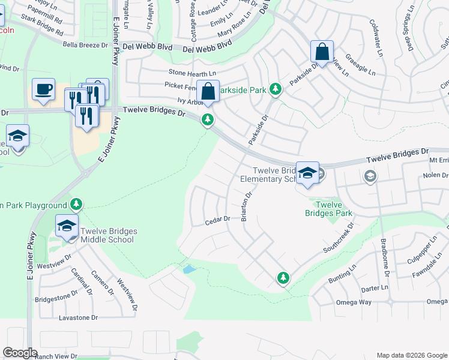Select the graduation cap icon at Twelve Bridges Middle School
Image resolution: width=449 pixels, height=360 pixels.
click(x=67, y=227)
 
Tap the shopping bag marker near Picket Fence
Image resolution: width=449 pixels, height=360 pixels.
click(x=208, y=92)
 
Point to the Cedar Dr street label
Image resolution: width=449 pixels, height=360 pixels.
click(x=218, y=220)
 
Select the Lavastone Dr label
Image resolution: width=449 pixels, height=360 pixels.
click(x=77, y=317)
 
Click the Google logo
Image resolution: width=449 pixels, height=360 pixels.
click(x=20, y=353)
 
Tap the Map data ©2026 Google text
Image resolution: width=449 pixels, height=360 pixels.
click(x=411, y=355)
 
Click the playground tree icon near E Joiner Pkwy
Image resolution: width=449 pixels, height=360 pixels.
click(x=76, y=205)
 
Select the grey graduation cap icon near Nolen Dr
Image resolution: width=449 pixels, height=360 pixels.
click(x=370, y=176)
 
